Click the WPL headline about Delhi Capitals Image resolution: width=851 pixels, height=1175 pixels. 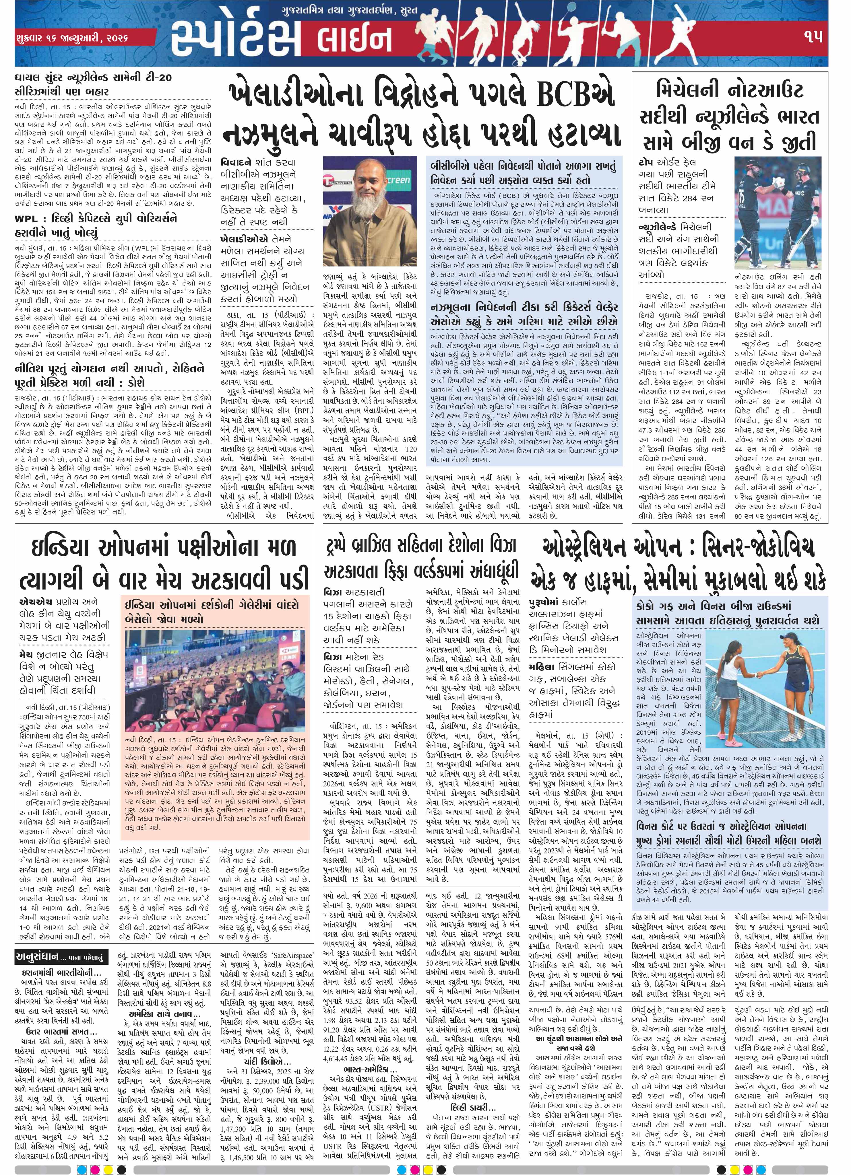[104, 226]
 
